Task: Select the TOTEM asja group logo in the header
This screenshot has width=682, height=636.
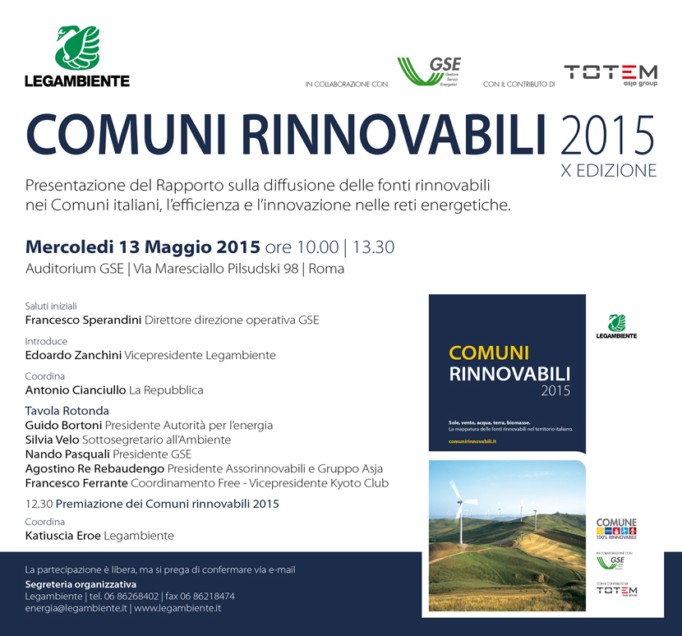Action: point(611,75)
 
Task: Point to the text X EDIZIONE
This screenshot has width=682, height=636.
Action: point(615,171)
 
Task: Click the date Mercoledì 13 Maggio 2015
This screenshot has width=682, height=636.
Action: point(143,247)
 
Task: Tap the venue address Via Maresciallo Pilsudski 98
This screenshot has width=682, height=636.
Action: point(214,269)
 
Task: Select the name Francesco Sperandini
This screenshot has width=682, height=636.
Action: point(83,320)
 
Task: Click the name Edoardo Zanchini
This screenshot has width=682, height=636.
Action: point(73,355)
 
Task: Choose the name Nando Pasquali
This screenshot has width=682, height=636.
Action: point(67,454)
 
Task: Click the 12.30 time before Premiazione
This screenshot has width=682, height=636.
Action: point(39,504)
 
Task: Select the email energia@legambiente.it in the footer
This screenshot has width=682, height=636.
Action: point(76,609)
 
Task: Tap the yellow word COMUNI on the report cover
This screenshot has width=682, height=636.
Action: point(489,353)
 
